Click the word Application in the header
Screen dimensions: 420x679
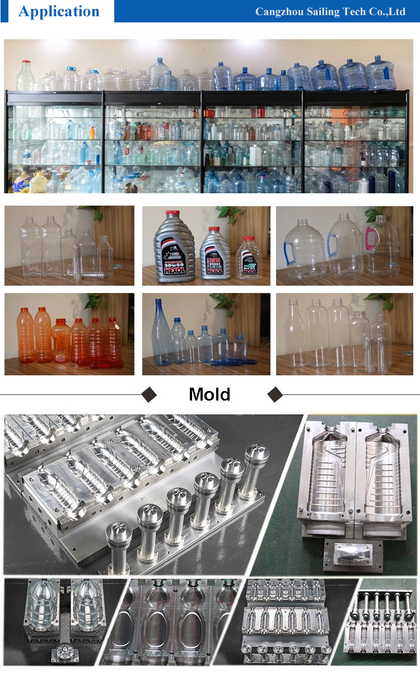[x=59, y=11]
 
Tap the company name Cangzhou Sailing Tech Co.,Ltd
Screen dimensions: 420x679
[x=330, y=12]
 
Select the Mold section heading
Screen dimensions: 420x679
[x=209, y=394]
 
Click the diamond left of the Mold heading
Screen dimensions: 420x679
[x=148, y=394]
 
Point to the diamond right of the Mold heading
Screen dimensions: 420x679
[x=275, y=394]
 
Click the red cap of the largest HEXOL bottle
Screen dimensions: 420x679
[x=174, y=213]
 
